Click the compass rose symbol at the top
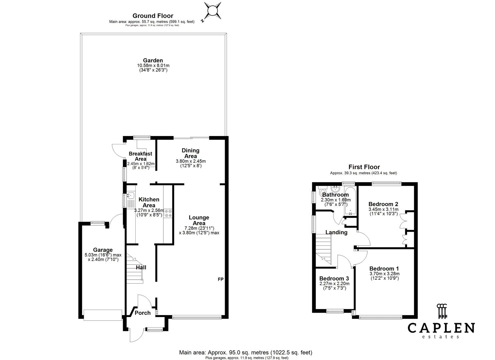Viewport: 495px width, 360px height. [212, 11]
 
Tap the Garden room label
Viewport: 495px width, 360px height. [153, 60]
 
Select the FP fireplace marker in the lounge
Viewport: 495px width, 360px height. [220, 279]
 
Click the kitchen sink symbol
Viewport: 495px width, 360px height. [130, 196]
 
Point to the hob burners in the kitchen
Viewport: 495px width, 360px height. [168, 213]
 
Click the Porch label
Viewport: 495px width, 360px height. [142, 313]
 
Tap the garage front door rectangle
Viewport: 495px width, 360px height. [103, 315]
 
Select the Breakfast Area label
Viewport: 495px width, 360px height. [140, 156]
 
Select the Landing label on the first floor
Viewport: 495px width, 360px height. [336, 232]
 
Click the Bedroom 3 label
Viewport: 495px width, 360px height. [334, 278]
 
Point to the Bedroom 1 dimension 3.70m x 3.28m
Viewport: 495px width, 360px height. [384, 274]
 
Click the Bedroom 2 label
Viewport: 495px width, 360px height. [383, 204]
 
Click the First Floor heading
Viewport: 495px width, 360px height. [364, 167]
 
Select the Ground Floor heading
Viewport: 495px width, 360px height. [153, 16]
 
